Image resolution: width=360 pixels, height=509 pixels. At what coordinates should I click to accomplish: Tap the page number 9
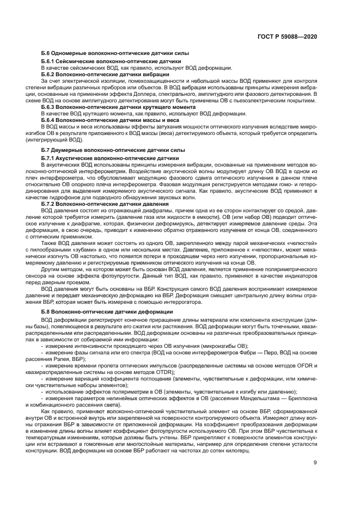click(x=315, y=463)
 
